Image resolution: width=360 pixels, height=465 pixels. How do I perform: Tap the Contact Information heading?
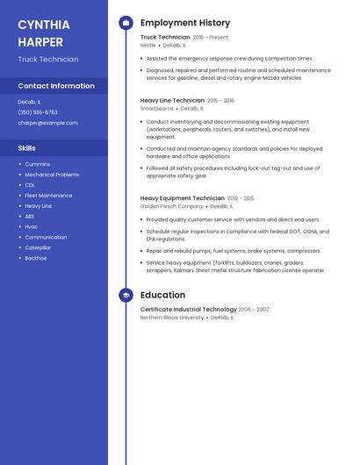click(x=56, y=86)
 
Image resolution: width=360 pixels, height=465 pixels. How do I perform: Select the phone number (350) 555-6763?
click(x=38, y=112)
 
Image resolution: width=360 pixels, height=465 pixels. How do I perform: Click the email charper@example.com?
click(x=47, y=123)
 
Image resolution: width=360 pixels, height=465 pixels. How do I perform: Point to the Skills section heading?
click(x=27, y=148)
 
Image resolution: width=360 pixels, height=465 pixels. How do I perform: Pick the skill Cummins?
click(x=38, y=164)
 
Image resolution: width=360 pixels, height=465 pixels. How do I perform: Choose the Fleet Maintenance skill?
click(x=49, y=196)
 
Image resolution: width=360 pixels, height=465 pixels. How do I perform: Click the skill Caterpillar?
click(x=39, y=247)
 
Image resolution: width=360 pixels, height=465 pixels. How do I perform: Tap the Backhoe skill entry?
click(x=36, y=258)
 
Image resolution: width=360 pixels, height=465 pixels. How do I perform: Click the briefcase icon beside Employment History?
click(x=126, y=23)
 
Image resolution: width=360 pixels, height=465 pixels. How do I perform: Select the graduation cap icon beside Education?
click(x=126, y=296)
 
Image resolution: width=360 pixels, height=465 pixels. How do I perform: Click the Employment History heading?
click(x=185, y=23)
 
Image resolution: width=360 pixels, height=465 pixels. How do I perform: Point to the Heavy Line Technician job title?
click(x=172, y=101)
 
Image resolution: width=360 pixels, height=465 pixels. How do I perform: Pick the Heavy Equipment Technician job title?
click(x=183, y=198)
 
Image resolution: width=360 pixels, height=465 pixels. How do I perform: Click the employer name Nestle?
click(x=148, y=45)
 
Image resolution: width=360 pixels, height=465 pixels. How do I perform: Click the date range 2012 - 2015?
click(x=241, y=198)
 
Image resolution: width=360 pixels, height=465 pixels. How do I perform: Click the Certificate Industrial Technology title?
click(x=188, y=309)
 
